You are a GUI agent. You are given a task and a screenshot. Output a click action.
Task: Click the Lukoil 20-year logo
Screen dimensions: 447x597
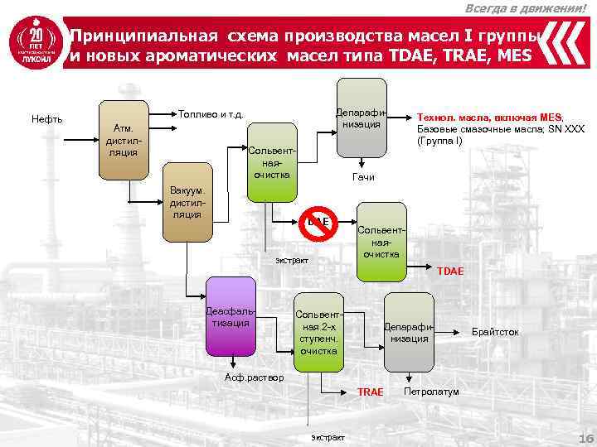pyautogui.click(x=34, y=49)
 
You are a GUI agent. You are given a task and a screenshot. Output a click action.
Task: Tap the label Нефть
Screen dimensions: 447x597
pyautogui.click(x=47, y=119)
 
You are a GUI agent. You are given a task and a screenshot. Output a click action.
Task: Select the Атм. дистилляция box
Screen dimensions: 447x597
pyautogui.click(x=124, y=140)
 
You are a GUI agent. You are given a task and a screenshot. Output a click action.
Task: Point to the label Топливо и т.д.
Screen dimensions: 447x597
pyautogui.click(x=210, y=113)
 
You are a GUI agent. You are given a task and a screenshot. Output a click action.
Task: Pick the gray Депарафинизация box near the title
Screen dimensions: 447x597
pyautogui.click(x=362, y=117)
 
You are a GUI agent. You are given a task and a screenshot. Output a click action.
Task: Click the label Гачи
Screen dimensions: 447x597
pyautogui.click(x=363, y=177)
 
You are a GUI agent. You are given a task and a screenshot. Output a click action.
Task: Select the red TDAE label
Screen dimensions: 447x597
pyautogui.click(x=451, y=271)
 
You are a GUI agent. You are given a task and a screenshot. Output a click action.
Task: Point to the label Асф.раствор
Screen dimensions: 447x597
pyautogui.click(x=255, y=377)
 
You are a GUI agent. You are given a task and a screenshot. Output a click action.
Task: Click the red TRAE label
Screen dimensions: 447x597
pyautogui.click(x=370, y=391)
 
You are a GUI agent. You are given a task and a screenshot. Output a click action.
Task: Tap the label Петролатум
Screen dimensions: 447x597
pyautogui.click(x=431, y=391)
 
